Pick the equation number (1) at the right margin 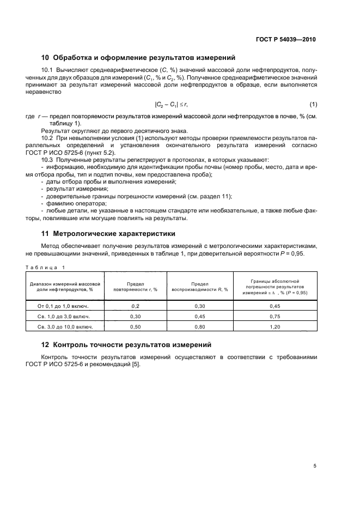313,104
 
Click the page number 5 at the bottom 315,466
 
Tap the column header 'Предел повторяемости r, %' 135,287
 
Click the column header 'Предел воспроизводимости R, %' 200,287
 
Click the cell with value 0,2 135,306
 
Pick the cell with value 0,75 274,317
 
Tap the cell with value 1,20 274,326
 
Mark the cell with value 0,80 200,326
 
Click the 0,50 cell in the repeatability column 135,326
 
